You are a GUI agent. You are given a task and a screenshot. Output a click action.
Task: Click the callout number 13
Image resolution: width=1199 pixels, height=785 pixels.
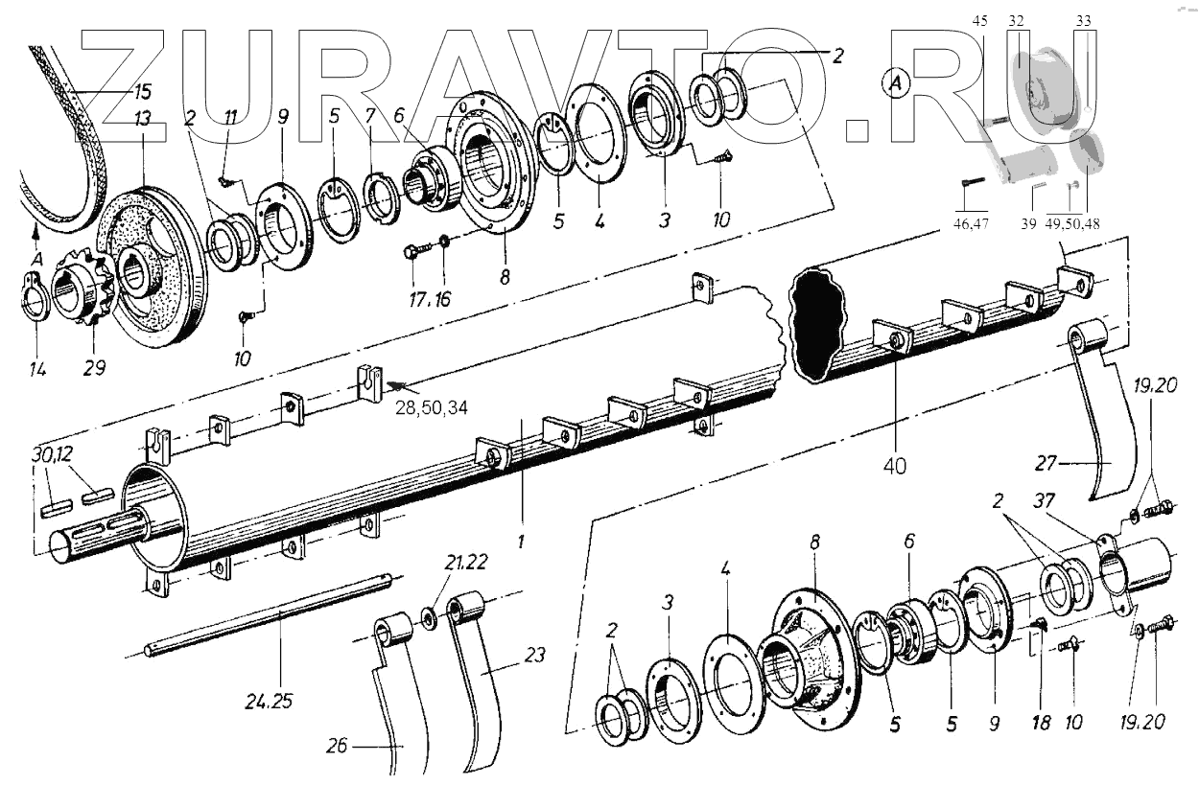[142, 119]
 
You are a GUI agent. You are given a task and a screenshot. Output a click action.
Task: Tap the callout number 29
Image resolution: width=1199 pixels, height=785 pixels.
[94, 366]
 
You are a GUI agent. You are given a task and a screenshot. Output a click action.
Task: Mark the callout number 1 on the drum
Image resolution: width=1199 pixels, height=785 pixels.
[521, 541]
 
